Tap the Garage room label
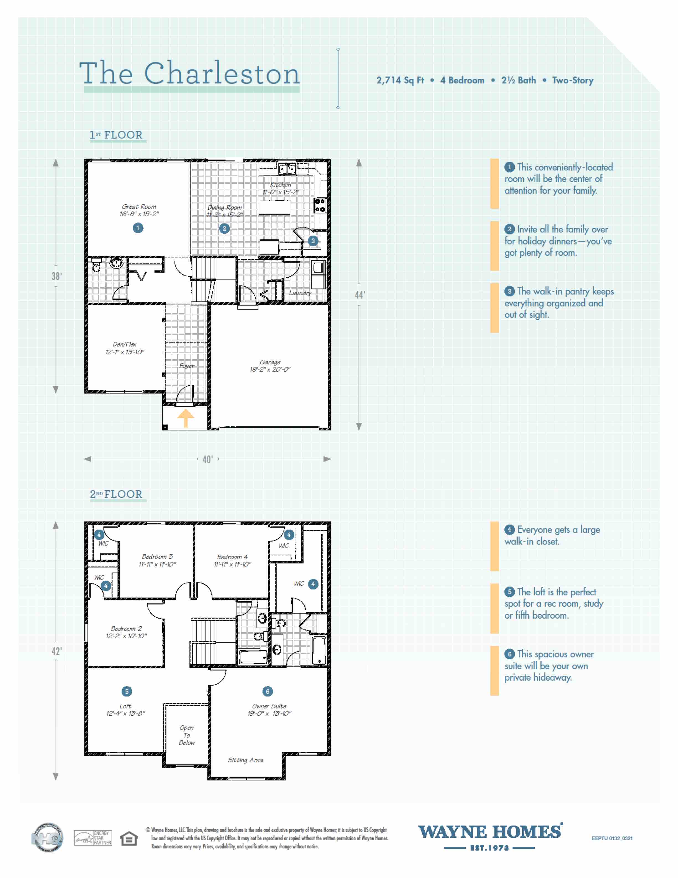click(x=270, y=366)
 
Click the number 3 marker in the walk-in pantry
click(x=313, y=241)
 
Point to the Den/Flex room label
click(x=125, y=348)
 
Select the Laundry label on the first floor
click(x=300, y=293)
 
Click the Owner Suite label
click(x=269, y=709)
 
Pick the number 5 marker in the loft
click(x=127, y=691)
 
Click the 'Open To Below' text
click(x=187, y=735)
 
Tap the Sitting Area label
click(x=245, y=760)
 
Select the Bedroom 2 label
click(x=126, y=632)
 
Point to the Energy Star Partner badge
click(x=93, y=838)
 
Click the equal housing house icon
click(x=129, y=839)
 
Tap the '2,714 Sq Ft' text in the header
click(x=400, y=80)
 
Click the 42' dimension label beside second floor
click(x=56, y=651)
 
